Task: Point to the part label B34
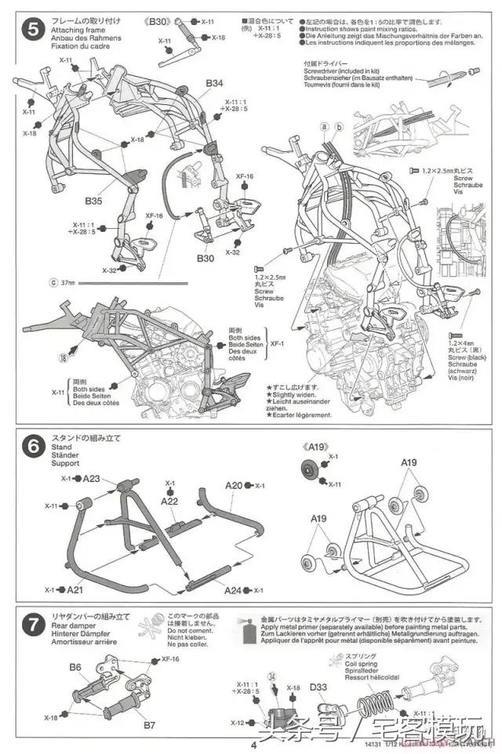[x=214, y=83]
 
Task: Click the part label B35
[x=93, y=201]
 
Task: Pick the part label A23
[x=92, y=478]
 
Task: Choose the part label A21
[x=75, y=589]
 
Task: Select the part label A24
[x=233, y=589]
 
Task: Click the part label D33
[x=318, y=688]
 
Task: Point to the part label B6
[x=75, y=667]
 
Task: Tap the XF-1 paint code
[x=277, y=343]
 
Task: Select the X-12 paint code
[x=238, y=723]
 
